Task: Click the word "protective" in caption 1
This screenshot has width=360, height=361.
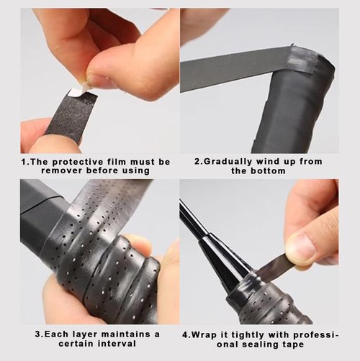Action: pos(78,162)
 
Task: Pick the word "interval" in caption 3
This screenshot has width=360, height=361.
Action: pos(117,344)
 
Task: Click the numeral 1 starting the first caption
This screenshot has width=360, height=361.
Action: pos(23,162)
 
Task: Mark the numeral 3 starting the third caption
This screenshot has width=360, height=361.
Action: pos(37,334)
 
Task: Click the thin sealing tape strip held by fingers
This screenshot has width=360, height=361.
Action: pos(274,268)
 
